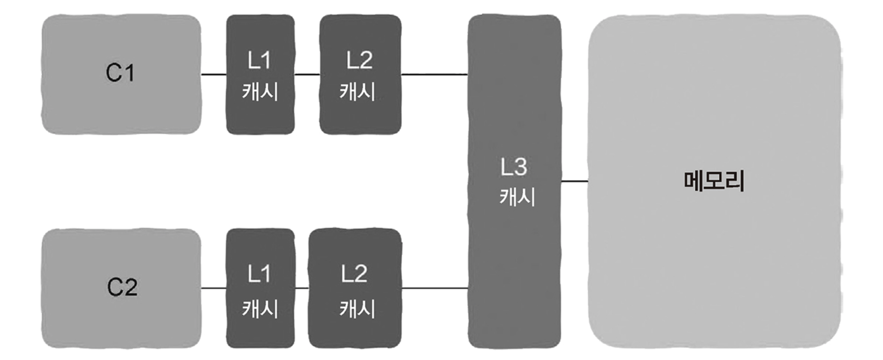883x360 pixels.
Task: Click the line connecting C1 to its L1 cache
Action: tap(214, 74)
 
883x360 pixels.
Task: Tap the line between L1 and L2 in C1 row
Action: tap(307, 74)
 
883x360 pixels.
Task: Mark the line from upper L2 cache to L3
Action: tap(434, 74)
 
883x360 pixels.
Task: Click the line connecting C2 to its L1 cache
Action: tap(214, 288)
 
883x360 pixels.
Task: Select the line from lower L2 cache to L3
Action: tap(434, 288)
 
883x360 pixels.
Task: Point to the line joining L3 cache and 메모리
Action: tap(574, 181)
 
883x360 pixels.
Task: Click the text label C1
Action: tap(120, 73)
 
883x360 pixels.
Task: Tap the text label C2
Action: tap(122, 287)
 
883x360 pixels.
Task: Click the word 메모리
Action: tap(714, 181)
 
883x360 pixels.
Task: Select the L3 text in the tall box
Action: tap(514, 167)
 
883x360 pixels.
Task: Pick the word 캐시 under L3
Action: tap(517, 197)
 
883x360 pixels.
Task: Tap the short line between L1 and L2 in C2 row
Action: tap(302, 288)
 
